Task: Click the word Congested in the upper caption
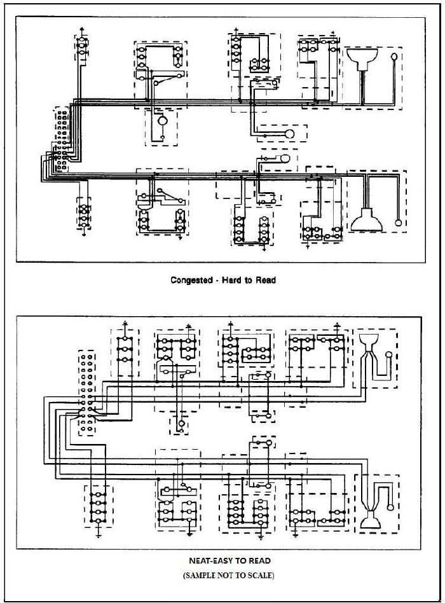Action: point(191,280)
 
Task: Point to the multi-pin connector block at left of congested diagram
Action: point(62,140)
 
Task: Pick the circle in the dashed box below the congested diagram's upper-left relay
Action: point(161,120)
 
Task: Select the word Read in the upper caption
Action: point(265,280)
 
